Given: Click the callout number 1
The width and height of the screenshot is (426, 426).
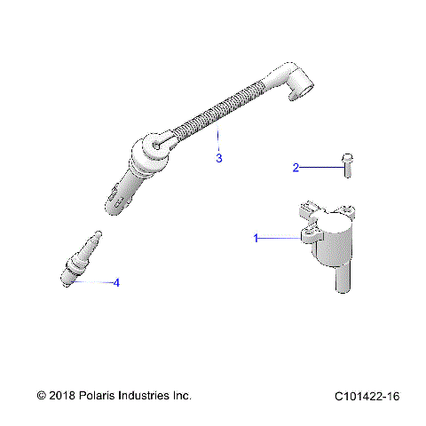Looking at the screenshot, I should pos(256,238).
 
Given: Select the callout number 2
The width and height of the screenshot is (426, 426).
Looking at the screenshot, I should pos(297,166).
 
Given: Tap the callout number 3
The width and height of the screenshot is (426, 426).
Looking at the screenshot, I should pos(218,159).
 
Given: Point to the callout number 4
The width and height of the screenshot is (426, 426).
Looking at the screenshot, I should pos(115,283).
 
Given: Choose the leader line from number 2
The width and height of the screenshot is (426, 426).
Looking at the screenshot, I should pos(320,166).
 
